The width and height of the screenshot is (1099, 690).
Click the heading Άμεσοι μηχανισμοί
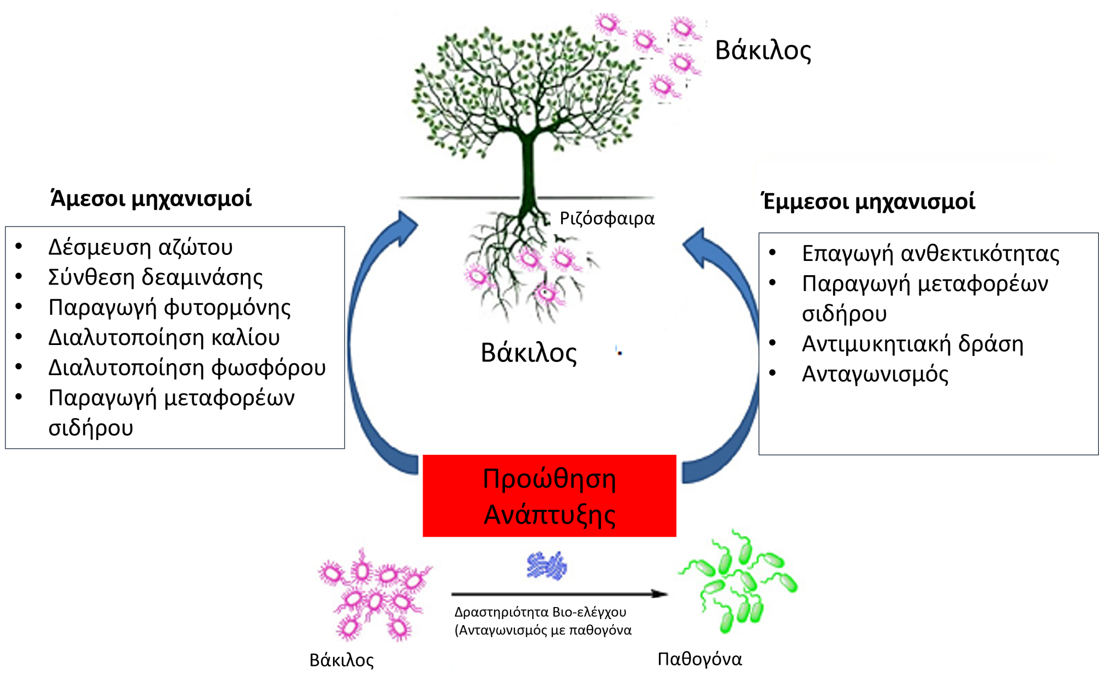pos(151,198)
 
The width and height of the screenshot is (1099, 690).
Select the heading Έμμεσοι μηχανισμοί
pos(868,201)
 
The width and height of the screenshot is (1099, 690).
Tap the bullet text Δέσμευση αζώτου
pos(141,247)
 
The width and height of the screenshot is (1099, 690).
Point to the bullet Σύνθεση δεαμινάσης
pos(156,277)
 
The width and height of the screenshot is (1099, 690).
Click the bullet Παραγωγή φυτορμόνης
pos(169,308)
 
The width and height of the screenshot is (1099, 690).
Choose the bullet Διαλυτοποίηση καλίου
pos(164,337)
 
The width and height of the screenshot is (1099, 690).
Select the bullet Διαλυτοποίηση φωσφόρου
pos(187,368)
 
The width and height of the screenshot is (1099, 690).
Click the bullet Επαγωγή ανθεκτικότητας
pos(930,253)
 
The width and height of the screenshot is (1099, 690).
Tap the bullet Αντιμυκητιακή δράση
pos(913,344)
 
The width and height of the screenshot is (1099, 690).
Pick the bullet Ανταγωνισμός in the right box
pos(875,374)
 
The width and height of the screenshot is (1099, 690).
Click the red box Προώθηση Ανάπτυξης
pos(549,496)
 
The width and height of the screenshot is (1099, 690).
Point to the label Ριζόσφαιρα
pos(607,219)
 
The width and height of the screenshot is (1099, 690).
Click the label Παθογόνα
pos(700,658)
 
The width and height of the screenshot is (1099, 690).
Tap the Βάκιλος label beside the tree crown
pos(763,50)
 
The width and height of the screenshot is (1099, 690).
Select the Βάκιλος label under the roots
pos(529,353)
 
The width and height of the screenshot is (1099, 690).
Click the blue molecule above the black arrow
pos(547,566)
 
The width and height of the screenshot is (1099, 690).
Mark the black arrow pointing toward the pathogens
pos(559,594)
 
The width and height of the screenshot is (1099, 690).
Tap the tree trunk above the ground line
pos(528,165)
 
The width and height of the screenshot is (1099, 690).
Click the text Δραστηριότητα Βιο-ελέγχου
pos(540,612)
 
